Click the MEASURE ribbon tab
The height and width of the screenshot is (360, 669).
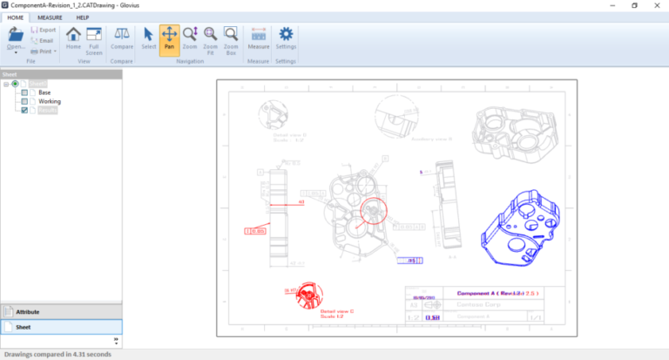click(50, 17)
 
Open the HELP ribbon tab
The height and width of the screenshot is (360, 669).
click(83, 17)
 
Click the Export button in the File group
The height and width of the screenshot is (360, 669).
click(43, 30)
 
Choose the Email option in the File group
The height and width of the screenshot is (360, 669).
click(43, 40)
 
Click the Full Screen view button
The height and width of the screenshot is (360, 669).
click(93, 41)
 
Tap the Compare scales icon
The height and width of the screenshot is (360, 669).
click(122, 35)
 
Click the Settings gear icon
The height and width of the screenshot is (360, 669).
click(285, 39)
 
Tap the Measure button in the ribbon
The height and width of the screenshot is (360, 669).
click(259, 39)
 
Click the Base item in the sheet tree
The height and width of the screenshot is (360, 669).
click(44, 92)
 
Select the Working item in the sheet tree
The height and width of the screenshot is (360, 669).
click(49, 101)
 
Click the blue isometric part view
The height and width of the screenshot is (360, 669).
click(519, 227)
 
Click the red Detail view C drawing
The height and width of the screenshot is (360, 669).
click(307, 296)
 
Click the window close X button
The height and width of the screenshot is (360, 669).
click(656, 5)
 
